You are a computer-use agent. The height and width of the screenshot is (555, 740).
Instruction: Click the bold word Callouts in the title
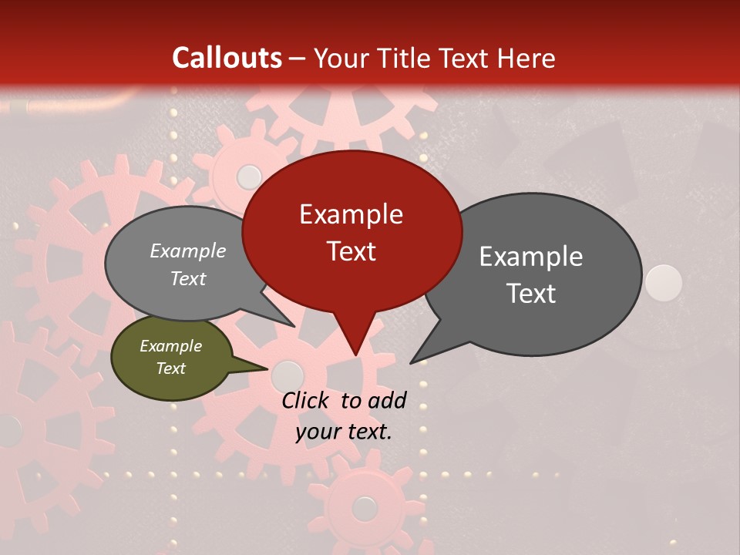click(227, 58)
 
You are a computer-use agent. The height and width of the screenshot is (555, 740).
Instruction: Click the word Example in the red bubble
click(351, 214)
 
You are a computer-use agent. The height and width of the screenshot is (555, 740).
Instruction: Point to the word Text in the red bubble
click(351, 251)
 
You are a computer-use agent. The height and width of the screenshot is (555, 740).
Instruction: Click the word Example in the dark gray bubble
click(531, 257)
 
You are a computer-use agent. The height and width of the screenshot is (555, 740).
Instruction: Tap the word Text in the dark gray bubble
click(531, 294)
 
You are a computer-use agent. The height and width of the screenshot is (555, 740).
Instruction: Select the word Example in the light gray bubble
click(188, 251)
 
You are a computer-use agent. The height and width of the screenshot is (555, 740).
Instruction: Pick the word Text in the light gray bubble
click(188, 278)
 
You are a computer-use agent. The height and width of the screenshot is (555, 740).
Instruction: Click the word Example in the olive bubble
click(170, 346)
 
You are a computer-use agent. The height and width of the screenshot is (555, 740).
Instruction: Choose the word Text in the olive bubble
click(170, 368)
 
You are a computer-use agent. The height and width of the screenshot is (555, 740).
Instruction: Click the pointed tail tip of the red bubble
click(355, 355)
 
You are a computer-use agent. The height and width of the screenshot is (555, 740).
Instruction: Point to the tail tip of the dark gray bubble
click(411, 362)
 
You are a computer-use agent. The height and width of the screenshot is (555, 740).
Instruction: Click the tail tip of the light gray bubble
click(294, 326)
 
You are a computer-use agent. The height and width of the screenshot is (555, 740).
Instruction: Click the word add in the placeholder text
click(388, 400)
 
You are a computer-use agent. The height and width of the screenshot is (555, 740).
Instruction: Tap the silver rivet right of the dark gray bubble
click(663, 282)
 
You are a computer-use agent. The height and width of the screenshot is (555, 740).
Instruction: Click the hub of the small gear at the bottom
click(364, 507)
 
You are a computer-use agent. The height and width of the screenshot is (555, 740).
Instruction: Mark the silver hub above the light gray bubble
click(249, 177)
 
